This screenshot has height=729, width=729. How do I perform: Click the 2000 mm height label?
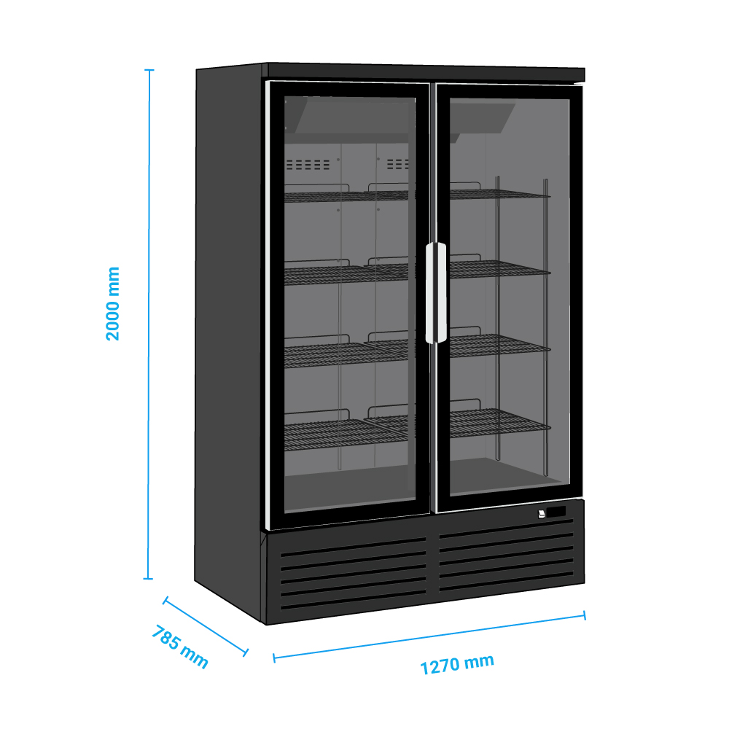pyautogui.click(x=113, y=303)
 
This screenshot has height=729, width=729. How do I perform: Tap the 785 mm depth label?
pyautogui.click(x=180, y=646)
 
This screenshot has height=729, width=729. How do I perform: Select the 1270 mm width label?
pyautogui.click(x=457, y=664)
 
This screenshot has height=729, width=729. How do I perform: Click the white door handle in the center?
pyautogui.click(x=436, y=293)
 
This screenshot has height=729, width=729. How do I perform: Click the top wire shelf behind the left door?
pyautogui.click(x=346, y=193)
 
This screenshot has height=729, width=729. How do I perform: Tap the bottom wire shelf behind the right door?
pyautogui.click(x=500, y=421)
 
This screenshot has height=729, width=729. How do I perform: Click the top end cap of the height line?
pyautogui.click(x=149, y=70)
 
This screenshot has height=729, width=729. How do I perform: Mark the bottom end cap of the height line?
pyautogui.click(x=148, y=579)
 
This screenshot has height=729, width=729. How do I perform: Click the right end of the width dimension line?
pyautogui.click(x=585, y=615)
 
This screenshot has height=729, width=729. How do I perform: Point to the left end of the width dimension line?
pyautogui.click(x=274, y=658)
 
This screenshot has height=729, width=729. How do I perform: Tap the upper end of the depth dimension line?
pyautogui.click(x=165, y=601)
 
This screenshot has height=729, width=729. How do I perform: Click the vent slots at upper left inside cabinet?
pyautogui.click(x=308, y=164)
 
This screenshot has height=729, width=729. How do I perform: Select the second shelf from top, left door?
pyautogui.click(x=346, y=272)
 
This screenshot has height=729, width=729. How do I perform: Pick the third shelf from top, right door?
pyautogui.click(x=500, y=343)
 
